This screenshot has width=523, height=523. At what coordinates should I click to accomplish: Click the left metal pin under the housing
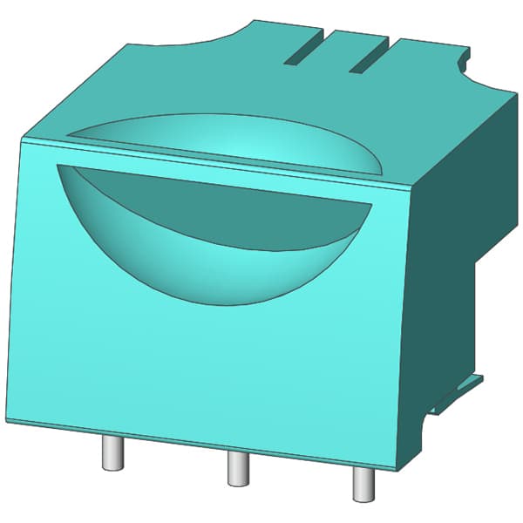112,452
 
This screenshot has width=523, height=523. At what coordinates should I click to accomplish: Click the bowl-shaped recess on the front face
218,235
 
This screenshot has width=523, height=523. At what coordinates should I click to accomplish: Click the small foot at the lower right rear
462,387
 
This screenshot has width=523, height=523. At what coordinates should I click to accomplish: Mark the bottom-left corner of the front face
7,420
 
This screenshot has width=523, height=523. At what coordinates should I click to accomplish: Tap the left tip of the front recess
57,165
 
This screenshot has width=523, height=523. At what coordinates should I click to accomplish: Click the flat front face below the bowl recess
209,375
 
